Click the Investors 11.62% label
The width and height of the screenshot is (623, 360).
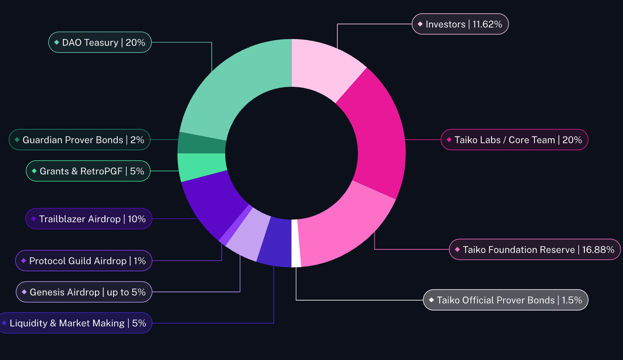(460, 24)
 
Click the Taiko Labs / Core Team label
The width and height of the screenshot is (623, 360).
(514, 140)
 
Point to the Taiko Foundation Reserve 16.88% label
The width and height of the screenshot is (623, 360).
(535, 250)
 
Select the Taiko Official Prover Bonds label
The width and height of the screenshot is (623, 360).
(506, 300)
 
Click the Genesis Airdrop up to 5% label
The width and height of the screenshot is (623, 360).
(84, 292)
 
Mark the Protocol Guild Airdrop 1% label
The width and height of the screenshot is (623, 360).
(84, 261)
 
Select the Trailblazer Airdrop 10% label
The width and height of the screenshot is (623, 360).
(89, 219)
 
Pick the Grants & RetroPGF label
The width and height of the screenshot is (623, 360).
(88, 171)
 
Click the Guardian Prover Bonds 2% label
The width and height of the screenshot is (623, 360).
(79, 140)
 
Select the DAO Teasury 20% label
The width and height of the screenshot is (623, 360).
(100, 42)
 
